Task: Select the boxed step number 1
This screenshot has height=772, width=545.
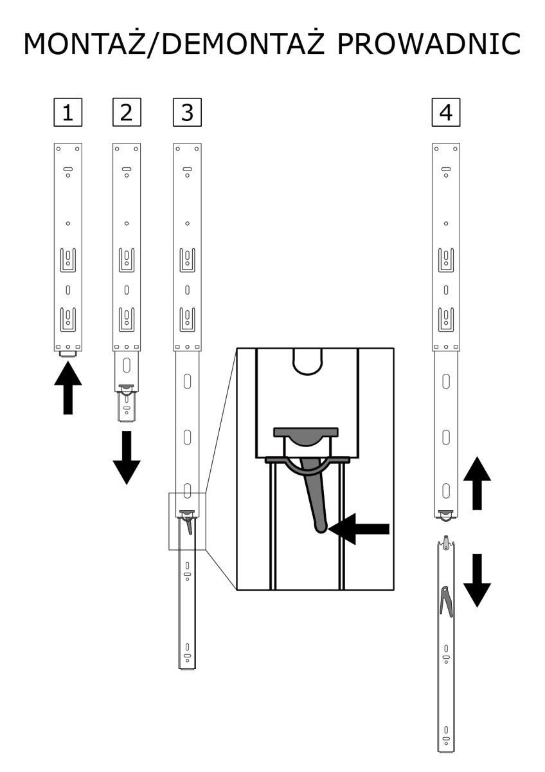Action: (67, 113)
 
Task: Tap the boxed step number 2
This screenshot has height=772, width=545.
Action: (127, 113)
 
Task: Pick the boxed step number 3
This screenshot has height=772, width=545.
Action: (187, 113)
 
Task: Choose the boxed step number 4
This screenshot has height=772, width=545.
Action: (445, 113)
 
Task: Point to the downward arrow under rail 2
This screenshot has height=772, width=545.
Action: (127, 457)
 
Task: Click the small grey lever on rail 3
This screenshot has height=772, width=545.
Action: (188, 526)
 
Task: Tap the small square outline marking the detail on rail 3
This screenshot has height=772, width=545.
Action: (188, 521)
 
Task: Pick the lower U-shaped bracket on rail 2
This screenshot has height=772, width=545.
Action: (127, 318)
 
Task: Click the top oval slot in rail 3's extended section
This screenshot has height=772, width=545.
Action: (187, 381)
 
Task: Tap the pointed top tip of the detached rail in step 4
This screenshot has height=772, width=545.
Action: (445, 538)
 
